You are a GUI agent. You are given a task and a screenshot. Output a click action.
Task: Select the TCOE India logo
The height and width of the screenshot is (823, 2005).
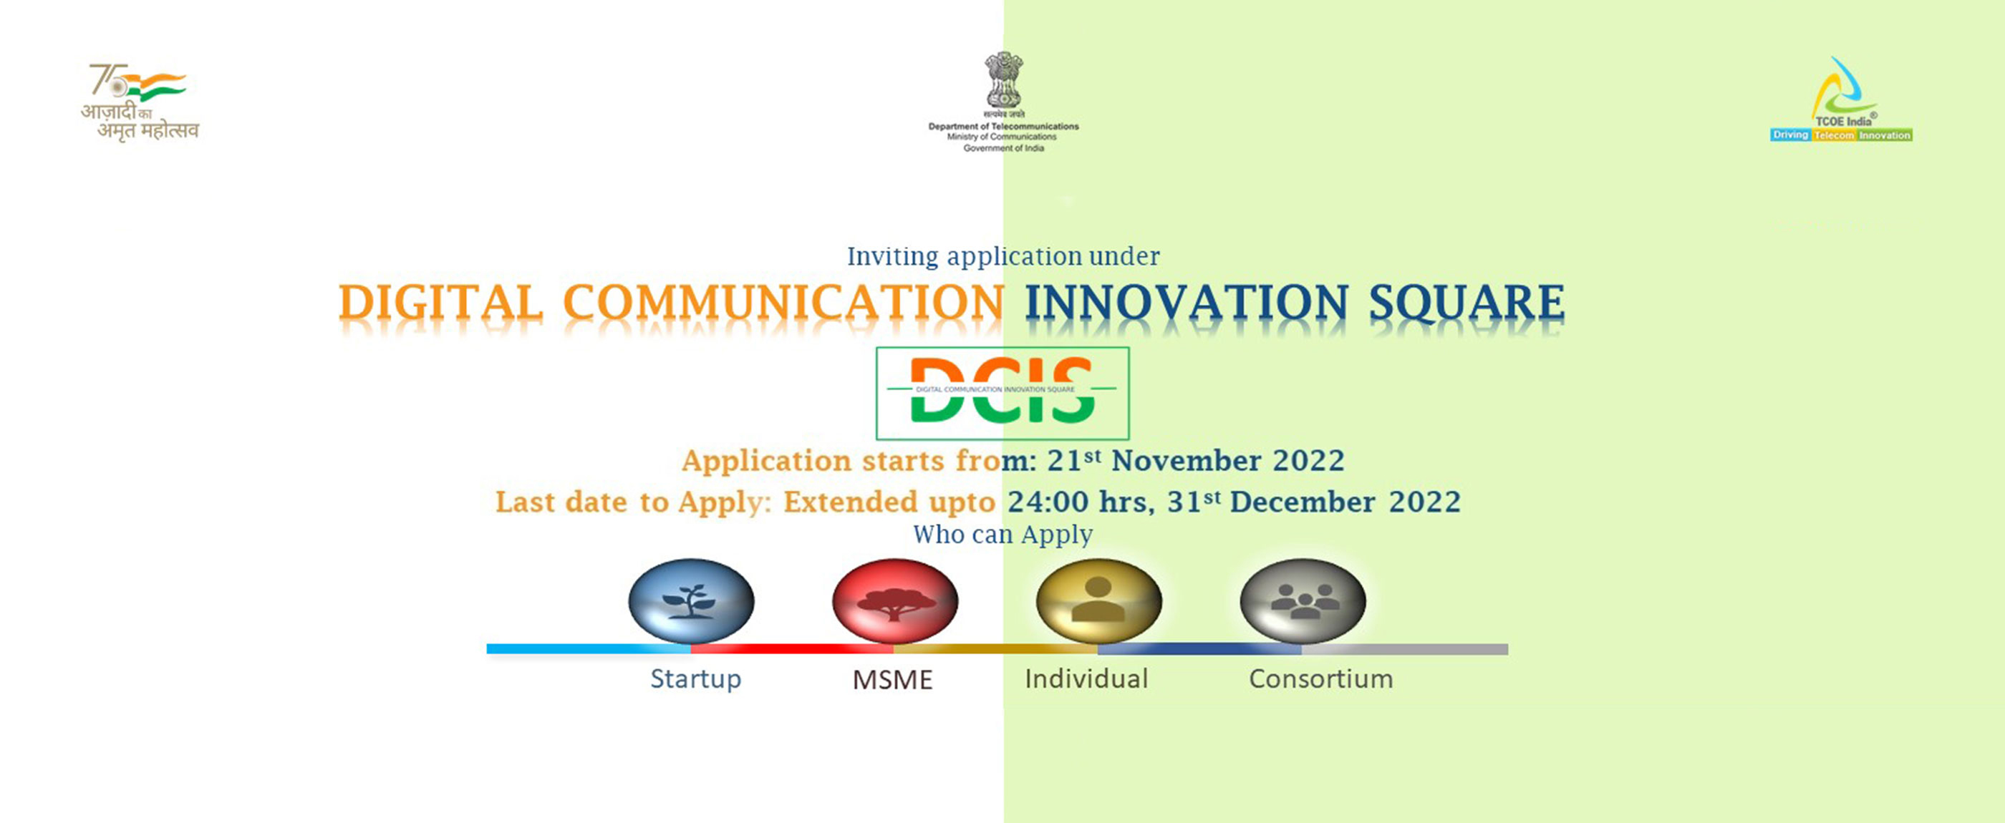1842,101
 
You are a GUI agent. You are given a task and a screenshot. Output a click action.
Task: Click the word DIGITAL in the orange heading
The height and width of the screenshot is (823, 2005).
440,303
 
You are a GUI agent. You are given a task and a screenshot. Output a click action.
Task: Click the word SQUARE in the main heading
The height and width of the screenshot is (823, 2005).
1467,303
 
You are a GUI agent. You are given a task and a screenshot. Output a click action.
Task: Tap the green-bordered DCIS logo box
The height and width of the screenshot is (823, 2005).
1002,393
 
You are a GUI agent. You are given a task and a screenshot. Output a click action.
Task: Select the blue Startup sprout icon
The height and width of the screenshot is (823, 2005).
691,600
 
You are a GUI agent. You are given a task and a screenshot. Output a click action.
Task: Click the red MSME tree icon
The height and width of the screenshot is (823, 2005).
895,600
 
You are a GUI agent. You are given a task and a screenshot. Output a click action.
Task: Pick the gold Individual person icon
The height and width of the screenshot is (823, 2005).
1098,600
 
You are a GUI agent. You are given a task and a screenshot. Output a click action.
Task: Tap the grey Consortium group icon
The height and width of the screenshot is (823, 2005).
1302,600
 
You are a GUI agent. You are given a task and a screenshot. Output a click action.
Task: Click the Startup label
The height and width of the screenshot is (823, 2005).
696,679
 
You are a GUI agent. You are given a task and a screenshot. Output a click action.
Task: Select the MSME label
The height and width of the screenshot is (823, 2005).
892,680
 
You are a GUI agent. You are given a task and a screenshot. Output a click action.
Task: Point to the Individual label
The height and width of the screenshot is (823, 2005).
1086,679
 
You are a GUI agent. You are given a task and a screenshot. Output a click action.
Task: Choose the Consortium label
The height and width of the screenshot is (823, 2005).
1321,679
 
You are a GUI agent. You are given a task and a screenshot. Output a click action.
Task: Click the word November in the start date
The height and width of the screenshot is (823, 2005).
1185,460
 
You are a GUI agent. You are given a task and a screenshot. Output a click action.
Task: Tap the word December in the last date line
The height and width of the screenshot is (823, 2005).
1301,502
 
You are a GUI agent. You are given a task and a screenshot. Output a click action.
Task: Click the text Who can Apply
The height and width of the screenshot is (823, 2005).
1002,535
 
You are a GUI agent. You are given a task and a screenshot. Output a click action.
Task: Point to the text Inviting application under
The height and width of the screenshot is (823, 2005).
1002,256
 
